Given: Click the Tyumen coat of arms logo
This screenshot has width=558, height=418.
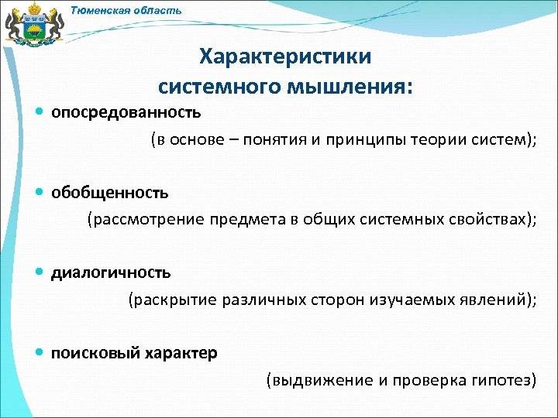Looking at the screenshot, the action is (34, 25).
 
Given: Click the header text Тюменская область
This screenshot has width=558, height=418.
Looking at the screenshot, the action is (126, 10).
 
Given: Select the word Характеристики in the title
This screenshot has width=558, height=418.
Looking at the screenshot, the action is (285, 57).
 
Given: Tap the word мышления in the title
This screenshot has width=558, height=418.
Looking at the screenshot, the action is (350, 87).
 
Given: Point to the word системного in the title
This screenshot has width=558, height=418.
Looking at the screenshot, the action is (219, 87).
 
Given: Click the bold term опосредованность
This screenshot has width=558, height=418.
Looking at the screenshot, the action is (126, 113).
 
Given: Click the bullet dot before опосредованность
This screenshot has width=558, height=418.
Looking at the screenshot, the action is (40, 111).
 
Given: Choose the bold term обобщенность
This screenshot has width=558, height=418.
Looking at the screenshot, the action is (109, 193).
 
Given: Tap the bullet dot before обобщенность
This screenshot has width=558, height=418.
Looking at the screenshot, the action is (40, 192).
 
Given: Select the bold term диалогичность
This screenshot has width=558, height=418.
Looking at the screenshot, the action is (111, 273).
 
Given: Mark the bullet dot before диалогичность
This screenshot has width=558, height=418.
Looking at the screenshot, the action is (40, 272).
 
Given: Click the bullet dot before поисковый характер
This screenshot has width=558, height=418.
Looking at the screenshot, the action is (40, 353).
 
